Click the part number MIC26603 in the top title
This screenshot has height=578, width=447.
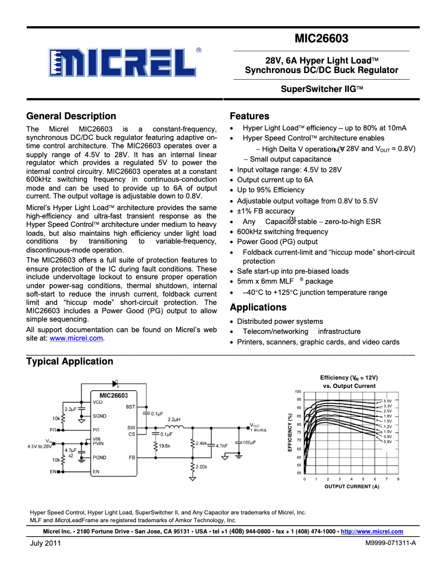coord(322,39)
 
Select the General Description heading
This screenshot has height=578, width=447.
coord(71,116)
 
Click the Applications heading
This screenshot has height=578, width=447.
coord(258,307)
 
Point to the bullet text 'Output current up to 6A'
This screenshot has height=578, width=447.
coord(275,180)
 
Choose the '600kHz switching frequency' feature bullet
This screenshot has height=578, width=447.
coord(283,231)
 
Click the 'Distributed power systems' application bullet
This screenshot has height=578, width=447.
coord(280,322)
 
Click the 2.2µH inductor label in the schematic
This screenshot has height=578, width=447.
coord(173,420)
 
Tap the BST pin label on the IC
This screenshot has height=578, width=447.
coord(130,407)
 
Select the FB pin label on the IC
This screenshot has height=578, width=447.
coord(132,458)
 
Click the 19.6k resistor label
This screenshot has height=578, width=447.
coord(164,446)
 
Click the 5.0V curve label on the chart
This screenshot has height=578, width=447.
coord(388,401)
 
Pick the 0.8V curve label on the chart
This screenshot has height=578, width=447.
coord(388,441)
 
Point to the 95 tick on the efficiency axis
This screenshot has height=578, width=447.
coord(299,400)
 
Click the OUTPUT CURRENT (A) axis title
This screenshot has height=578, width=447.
coord(352,487)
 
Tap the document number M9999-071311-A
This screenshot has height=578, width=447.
coord(391,543)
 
